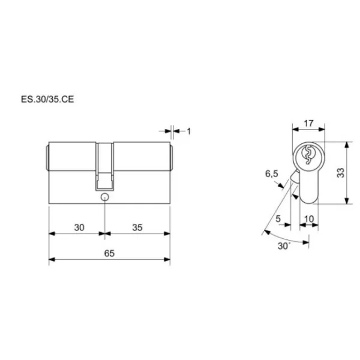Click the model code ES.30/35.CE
[47, 99]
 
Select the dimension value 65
[109, 253]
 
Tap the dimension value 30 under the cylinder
[79, 227]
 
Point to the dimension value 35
[137, 227]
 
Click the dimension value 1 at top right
[189, 131]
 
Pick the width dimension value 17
[308, 123]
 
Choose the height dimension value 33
[341, 173]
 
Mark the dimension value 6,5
[272, 174]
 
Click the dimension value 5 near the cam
[278, 219]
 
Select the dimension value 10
[309, 219]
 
